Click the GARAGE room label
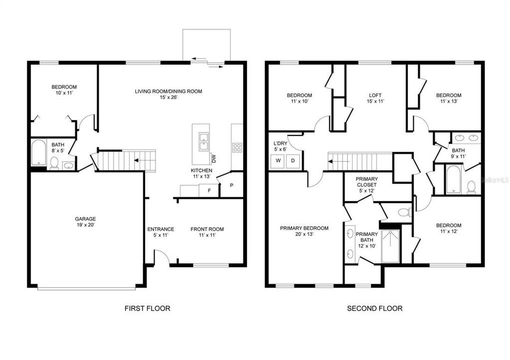[85, 218]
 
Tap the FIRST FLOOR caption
[147, 308]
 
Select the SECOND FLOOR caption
[374, 308]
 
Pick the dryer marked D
[293, 160]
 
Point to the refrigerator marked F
[208, 190]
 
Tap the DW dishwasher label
[213, 158]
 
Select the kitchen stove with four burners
[237, 147]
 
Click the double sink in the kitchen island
[203, 141]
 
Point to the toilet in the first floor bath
[54, 162]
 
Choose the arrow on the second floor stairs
[336, 161]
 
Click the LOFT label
[375, 95]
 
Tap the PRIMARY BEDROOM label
[304, 228]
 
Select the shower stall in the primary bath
[390, 246]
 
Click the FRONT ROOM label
[207, 229]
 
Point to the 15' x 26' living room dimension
[168, 97]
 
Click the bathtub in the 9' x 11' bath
[452, 179]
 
